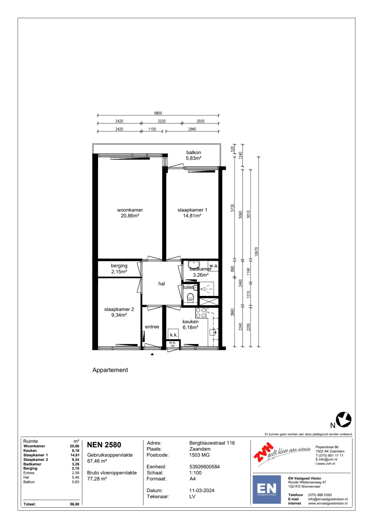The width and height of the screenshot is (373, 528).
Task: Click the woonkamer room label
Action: tap(130, 210)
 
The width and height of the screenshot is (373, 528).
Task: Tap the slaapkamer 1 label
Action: tap(192, 210)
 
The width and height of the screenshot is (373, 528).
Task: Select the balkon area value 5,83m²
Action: tap(194, 158)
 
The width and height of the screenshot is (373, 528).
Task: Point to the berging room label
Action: tap(119, 266)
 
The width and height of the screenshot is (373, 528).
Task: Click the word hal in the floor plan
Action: tap(162, 284)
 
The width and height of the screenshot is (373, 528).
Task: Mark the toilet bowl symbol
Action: tap(190, 298)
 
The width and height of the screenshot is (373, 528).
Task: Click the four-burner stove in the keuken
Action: tap(201, 313)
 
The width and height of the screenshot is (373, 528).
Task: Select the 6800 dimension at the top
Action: tap(158, 113)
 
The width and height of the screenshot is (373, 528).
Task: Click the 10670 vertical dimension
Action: tap(256, 251)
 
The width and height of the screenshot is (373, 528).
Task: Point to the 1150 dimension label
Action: tap(152, 129)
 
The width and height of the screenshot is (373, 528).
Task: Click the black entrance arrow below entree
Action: tap(152, 354)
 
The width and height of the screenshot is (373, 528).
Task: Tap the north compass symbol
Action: tap(344, 419)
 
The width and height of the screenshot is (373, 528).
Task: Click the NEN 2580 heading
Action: tap(104, 445)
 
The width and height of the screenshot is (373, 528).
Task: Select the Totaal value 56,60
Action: tap(75, 504)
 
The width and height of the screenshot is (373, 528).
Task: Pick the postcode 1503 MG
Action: tap(199, 455)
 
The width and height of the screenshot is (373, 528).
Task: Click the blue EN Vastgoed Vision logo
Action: tap(266, 489)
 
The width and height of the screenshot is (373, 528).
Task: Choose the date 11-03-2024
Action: tap(202, 491)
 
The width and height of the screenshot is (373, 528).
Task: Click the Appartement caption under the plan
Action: tap(110, 370)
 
